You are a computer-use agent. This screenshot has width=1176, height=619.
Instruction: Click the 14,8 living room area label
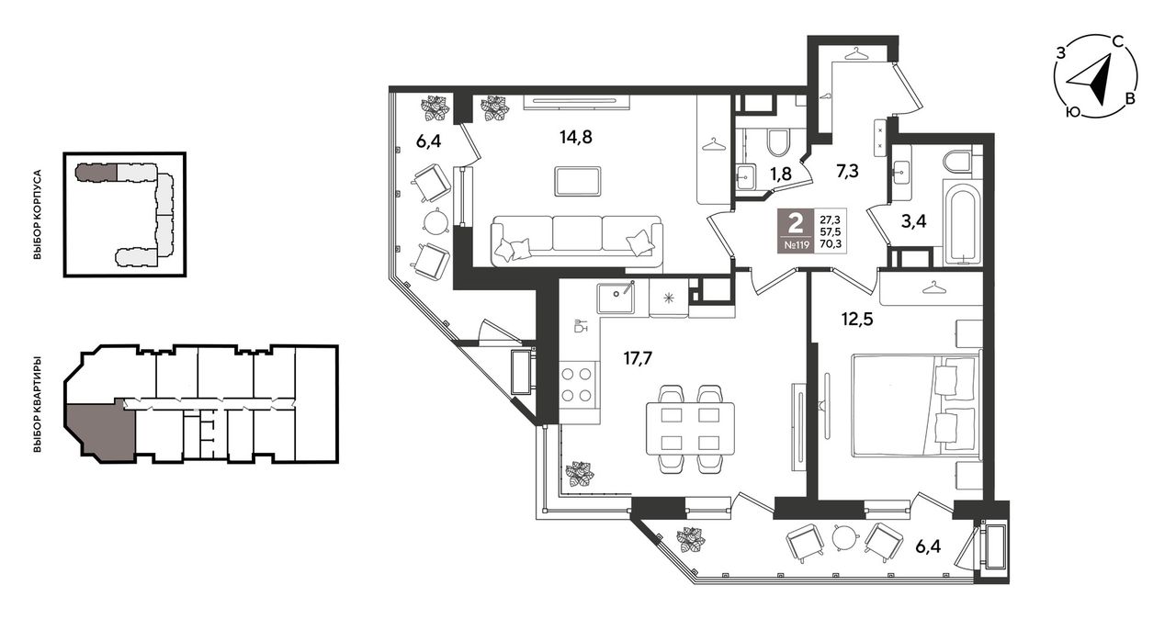pyautogui.click(x=575, y=138)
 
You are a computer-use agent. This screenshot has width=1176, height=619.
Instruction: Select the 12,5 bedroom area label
pyautogui.click(x=857, y=319)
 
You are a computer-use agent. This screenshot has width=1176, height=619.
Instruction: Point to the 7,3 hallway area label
pyautogui.click(x=847, y=171)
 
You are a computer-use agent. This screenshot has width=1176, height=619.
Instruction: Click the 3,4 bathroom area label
pyautogui.click(x=913, y=221)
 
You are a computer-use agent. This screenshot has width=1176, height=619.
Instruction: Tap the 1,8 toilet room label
pyautogui.click(x=781, y=174)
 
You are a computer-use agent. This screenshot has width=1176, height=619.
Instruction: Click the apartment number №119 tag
pyautogui.click(x=796, y=244)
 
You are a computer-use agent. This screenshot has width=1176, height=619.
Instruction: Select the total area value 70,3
pyautogui.click(x=829, y=243)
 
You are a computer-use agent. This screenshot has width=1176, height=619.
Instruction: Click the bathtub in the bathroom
pyautogui.click(x=962, y=222)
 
